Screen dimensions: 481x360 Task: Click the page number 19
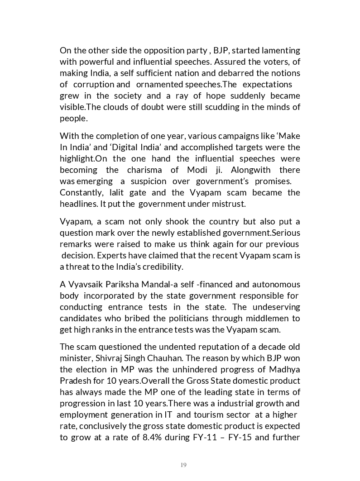[x=183, y=465]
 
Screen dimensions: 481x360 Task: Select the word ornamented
[x=159, y=84]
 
